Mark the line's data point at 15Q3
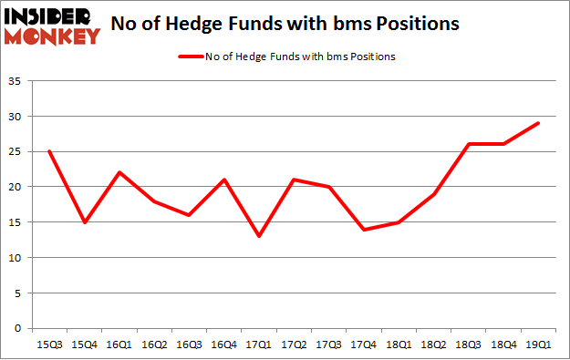point(48,151)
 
